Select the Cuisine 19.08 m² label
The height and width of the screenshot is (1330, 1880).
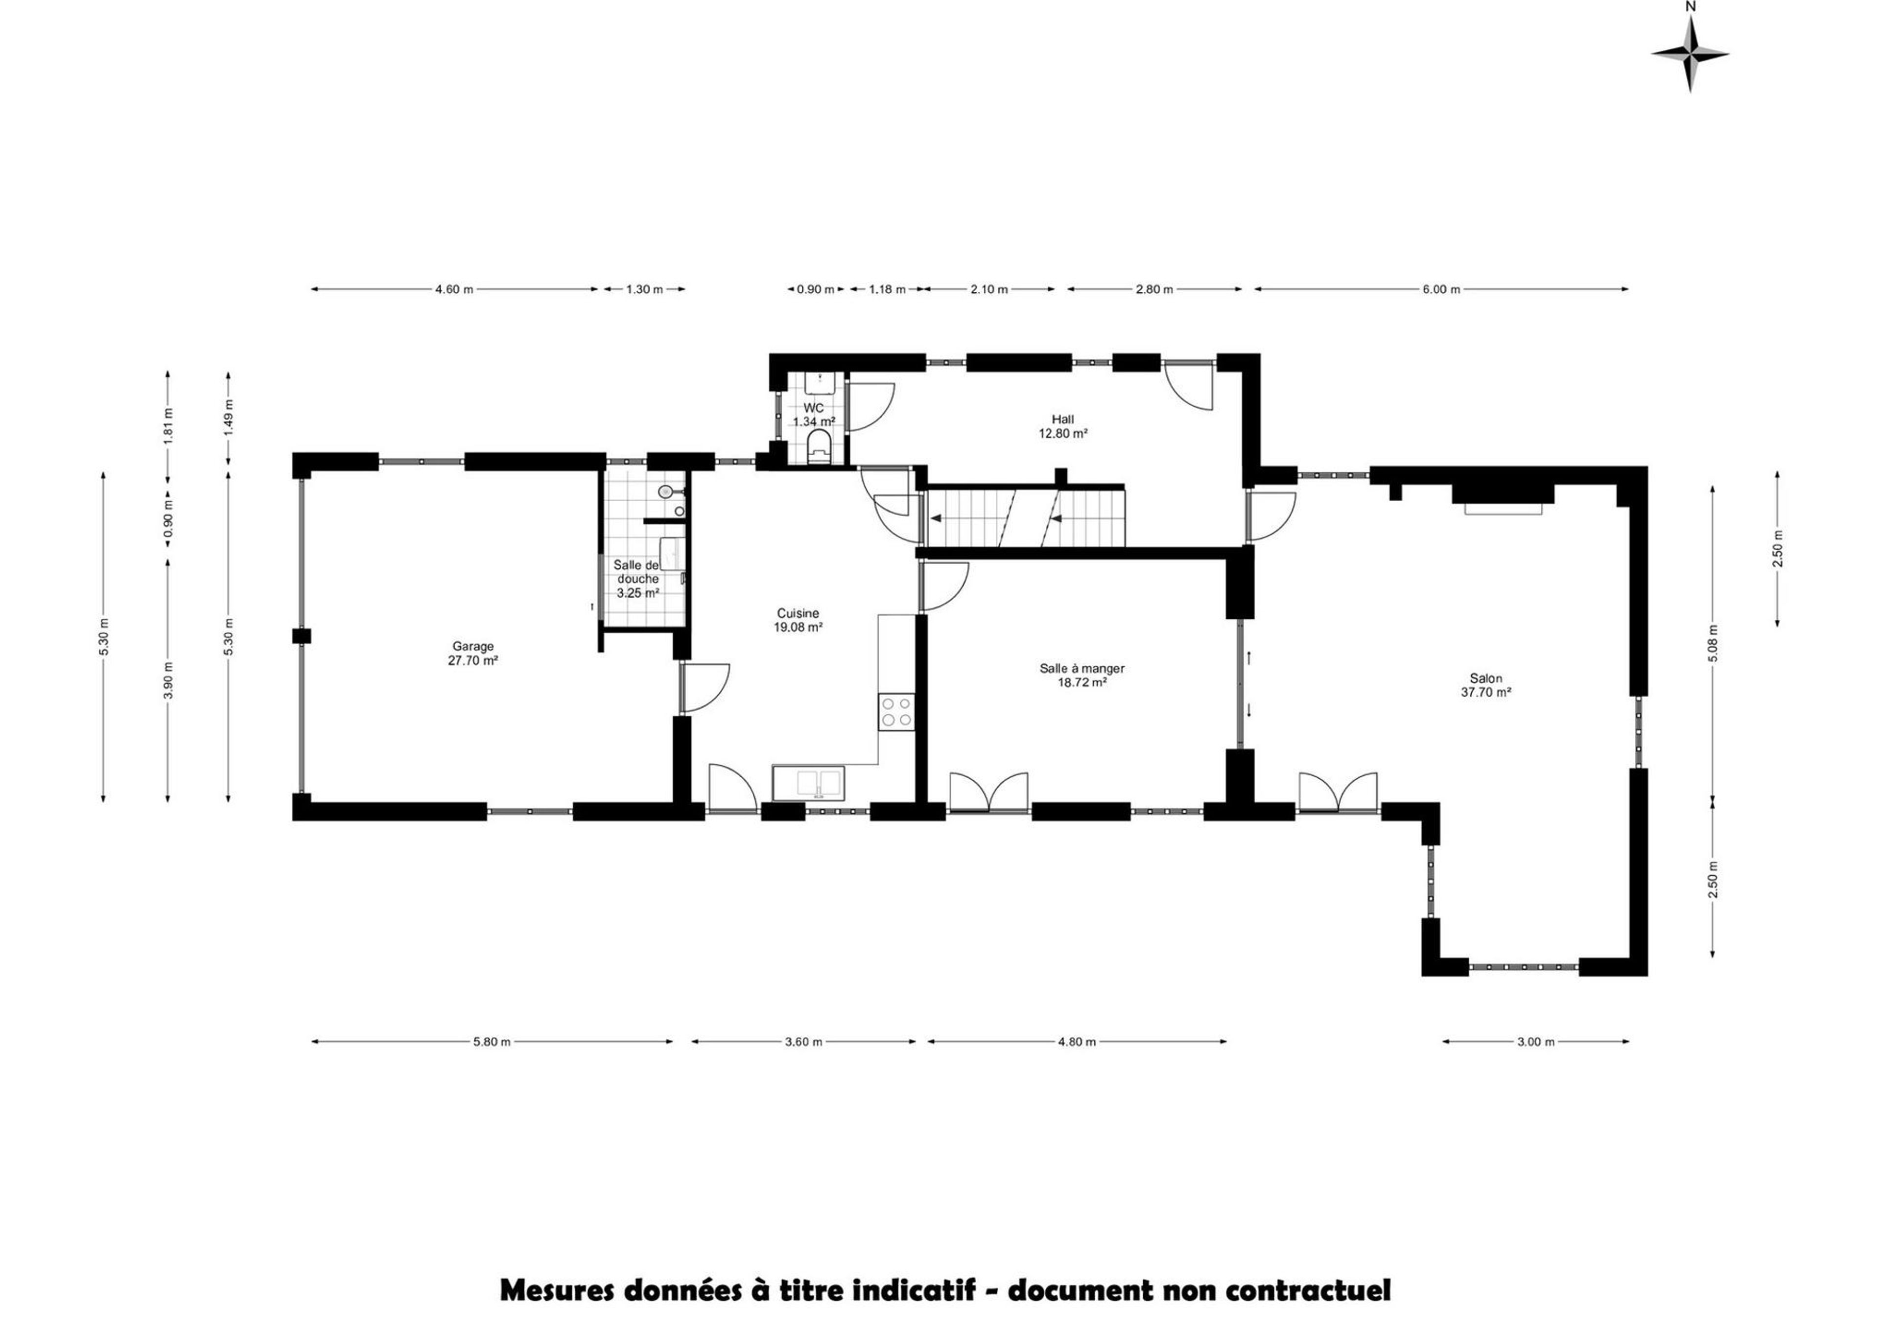(798, 620)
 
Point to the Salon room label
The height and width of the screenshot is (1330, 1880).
(1486, 685)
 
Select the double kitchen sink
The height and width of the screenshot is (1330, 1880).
(808, 782)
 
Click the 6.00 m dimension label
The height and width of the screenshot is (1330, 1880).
(1441, 289)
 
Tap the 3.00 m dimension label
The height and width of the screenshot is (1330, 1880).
(1535, 1042)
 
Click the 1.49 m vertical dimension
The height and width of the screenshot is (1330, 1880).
(229, 418)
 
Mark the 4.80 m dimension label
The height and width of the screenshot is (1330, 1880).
(1077, 1042)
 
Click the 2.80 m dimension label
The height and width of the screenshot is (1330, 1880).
(1154, 289)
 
